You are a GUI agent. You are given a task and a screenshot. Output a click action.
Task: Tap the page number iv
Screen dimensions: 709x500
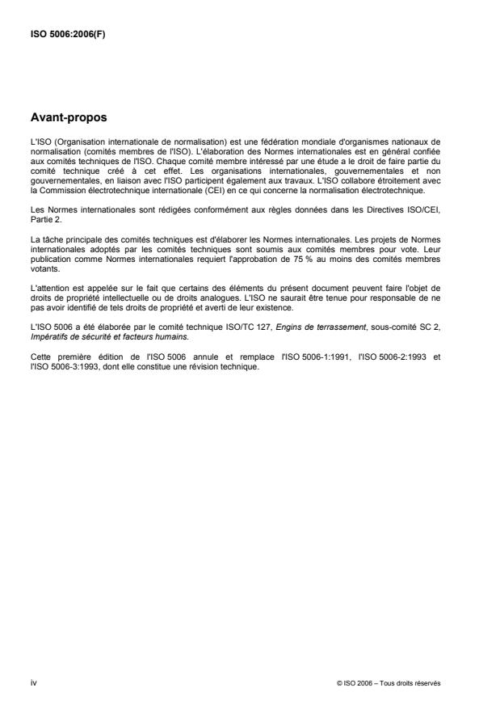(33, 683)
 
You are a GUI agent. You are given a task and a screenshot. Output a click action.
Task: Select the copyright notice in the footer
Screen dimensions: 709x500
(389, 684)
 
